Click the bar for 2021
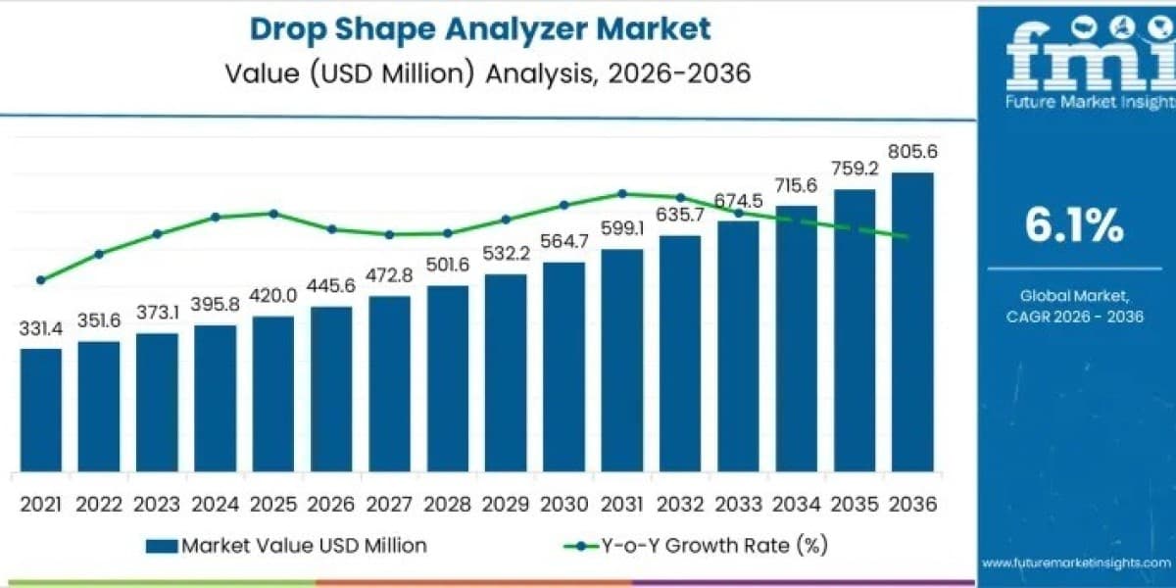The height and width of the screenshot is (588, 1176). point(41,410)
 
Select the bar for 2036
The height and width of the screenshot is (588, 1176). point(912,321)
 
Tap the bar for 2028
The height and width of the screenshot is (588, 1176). point(448,378)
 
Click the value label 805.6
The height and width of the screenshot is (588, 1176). point(912,152)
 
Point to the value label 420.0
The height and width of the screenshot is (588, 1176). point(273,296)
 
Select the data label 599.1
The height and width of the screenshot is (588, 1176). point(622,228)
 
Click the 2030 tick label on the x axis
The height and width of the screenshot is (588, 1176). point(563,505)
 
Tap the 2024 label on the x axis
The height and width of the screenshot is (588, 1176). point(216,505)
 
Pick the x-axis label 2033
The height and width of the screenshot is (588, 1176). point(738,505)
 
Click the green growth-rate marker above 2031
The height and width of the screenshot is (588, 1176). point(622,194)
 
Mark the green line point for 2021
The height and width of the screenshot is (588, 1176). point(41,280)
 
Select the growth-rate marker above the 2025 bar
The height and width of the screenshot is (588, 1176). point(273,214)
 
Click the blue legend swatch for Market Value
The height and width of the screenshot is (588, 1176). point(162,546)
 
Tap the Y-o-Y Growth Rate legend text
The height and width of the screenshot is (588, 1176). point(714,546)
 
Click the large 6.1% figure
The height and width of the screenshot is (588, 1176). point(1074,225)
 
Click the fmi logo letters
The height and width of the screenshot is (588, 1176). point(1091,54)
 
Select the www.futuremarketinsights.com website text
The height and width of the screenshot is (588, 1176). point(1076,563)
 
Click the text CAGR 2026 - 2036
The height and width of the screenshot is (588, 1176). point(1074,317)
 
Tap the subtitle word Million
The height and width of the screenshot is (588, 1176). point(423,73)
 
